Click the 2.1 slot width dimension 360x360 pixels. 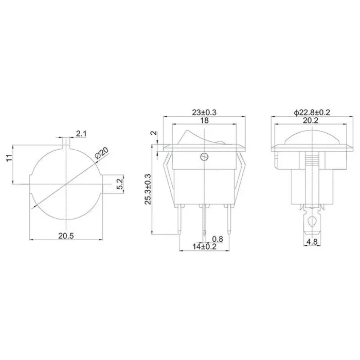(x=81, y=134)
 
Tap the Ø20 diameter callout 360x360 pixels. (x=102, y=153)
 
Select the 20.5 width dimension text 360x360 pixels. (x=66, y=236)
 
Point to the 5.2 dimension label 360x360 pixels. (x=120, y=184)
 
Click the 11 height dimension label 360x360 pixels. (x=9, y=158)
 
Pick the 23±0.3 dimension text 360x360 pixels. (x=204, y=113)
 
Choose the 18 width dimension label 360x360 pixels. (x=204, y=120)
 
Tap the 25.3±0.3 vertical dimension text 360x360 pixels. (x=148, y=189)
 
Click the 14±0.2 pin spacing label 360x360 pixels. (x=204, y=246)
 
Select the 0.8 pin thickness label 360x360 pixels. (x=218, y=239)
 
